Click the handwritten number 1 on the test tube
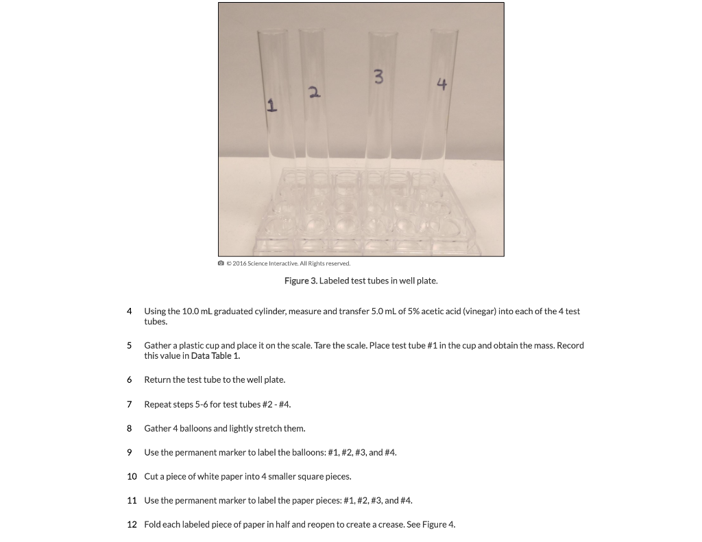[271, 105]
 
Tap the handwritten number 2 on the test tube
[314, 91]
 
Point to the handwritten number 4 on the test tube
[441, 84]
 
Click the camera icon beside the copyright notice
[221, 263]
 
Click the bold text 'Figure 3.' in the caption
[301, 281]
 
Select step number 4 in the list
[130, 311]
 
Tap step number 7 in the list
[130, 404]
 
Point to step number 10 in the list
[132, 476]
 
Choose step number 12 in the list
[132, 525]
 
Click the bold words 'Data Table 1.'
[215, 356]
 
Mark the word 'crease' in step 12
[388, 525]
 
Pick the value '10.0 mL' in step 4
[197, 311]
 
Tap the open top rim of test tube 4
[444, 30]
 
